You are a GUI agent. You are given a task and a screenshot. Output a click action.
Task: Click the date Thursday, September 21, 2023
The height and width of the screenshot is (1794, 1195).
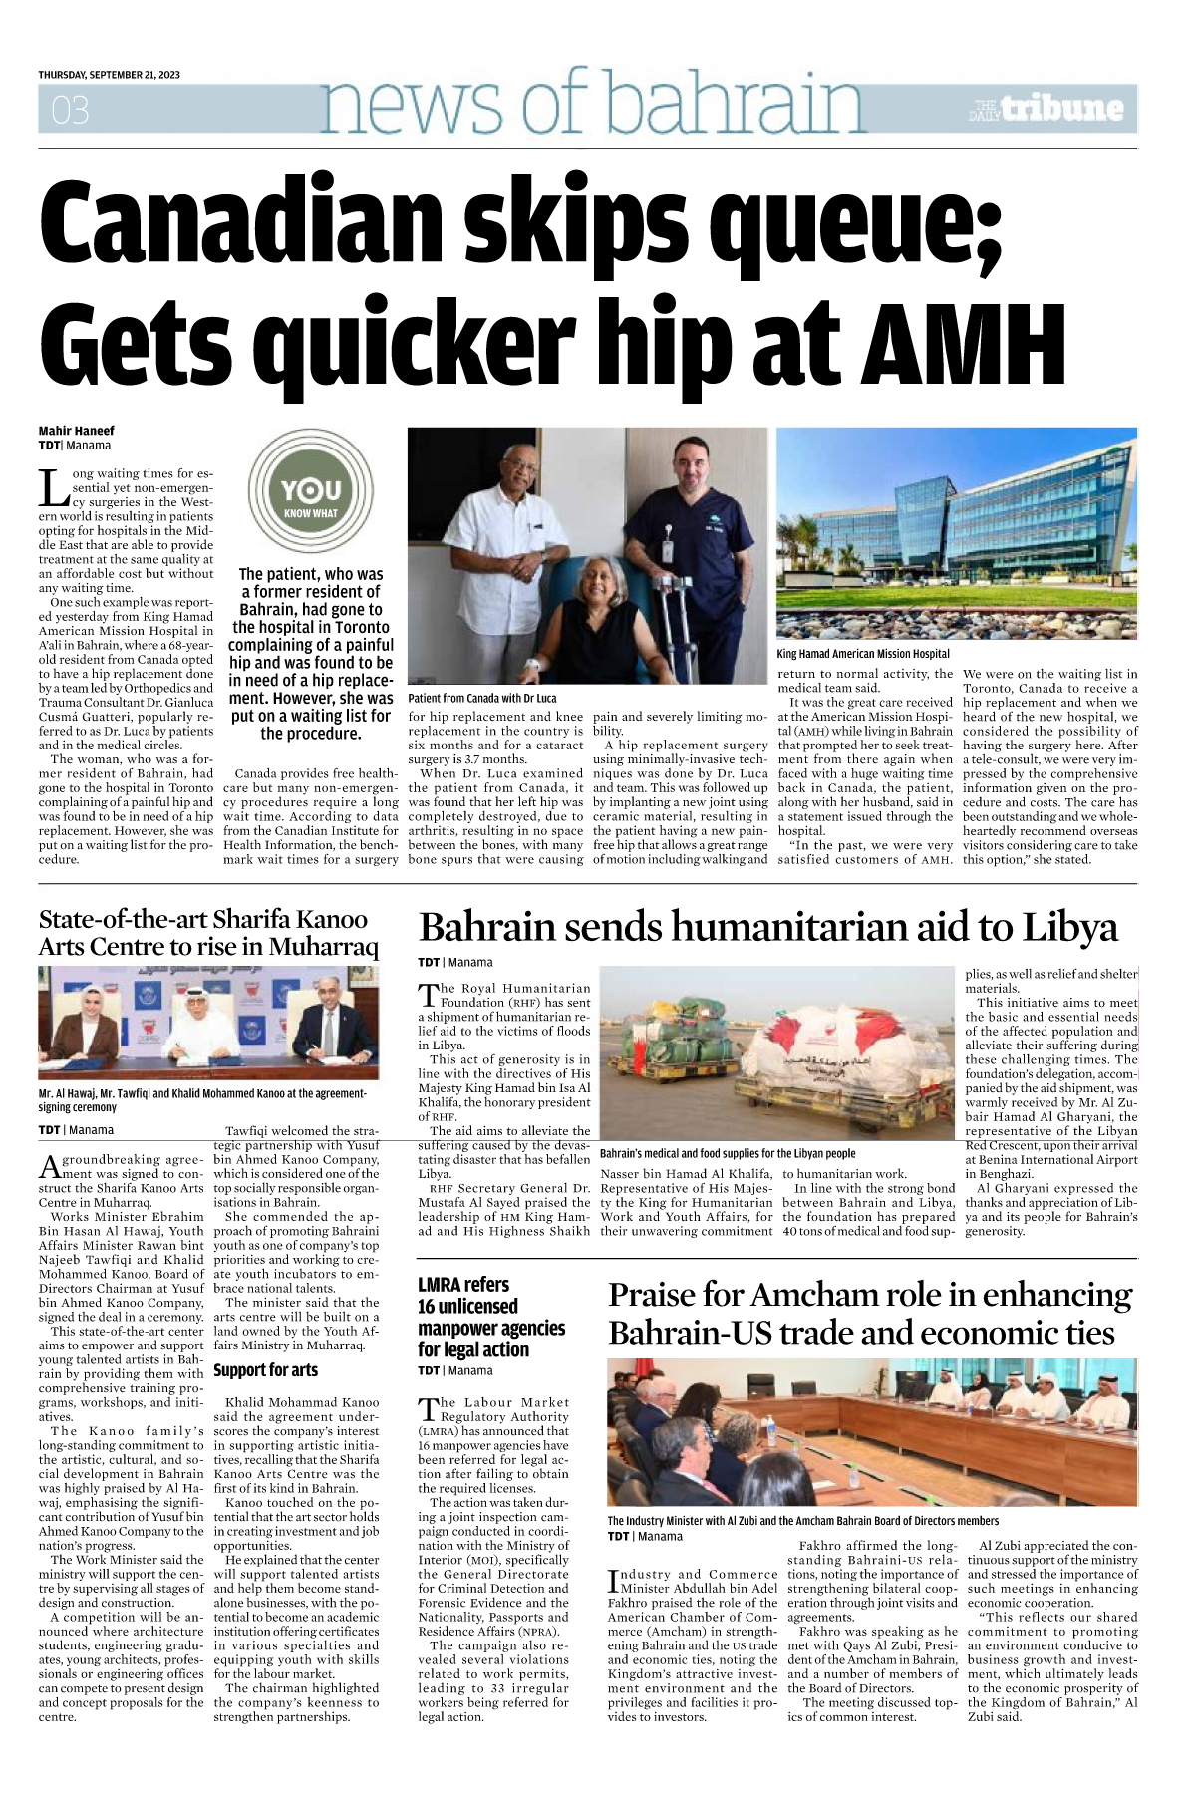click(110, 75)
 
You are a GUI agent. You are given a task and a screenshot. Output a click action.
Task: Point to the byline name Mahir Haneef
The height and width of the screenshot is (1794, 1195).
click(77, 431)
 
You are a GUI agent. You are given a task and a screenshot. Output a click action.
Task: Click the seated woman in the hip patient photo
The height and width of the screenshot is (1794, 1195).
click(598, 618)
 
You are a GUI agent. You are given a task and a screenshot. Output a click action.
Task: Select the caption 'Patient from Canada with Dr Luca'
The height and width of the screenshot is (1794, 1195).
click(482, 698)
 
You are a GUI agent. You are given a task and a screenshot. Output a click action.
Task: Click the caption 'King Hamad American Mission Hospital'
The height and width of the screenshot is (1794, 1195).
click(863, 654)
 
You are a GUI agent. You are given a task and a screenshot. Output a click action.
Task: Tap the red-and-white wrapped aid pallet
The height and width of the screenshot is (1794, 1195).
click(857, 1056)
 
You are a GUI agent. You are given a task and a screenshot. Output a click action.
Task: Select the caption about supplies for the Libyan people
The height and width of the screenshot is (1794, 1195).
click(728, 1153)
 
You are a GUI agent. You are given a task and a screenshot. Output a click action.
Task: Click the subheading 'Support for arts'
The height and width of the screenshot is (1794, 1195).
click(265, 1370)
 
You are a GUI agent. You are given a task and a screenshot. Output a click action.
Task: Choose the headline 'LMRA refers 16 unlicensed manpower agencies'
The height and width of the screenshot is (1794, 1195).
click(490, 1317)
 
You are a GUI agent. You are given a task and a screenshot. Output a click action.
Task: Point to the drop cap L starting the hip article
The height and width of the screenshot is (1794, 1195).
click(52, 487)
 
